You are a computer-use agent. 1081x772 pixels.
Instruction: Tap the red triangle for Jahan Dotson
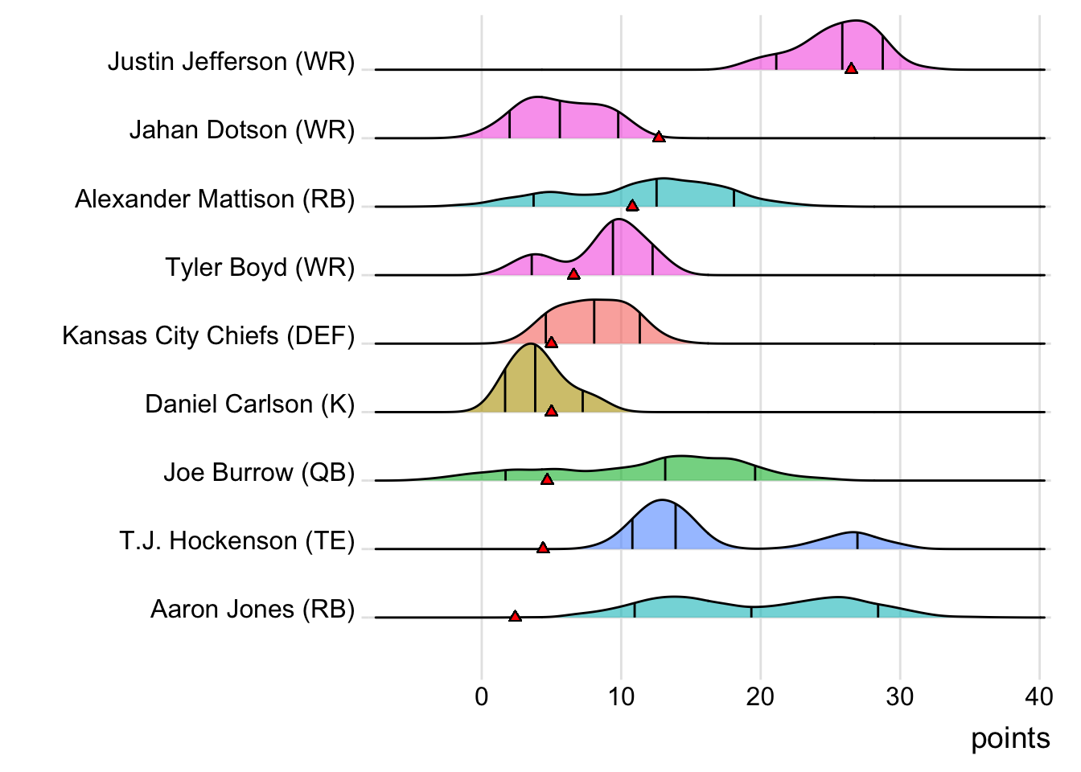pos(659,138)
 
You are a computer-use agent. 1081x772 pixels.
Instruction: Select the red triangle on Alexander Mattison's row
pos(632,206)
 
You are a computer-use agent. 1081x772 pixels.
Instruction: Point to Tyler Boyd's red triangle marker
pos(573,274)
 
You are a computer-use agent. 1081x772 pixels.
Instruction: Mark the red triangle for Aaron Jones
pos(515,617)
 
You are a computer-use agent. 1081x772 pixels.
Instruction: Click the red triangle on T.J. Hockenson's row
pos(543,548)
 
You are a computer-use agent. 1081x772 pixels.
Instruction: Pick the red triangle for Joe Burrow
pos(547,479)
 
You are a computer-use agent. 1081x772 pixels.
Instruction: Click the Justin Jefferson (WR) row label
pos(231,62)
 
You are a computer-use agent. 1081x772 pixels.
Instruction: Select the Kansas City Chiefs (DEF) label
pos(208,335)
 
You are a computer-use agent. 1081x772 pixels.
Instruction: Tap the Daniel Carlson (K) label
pos(249,404)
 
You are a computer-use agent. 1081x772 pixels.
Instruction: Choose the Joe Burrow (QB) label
pos(259,472)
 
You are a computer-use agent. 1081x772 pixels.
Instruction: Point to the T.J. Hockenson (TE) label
pos(236,540)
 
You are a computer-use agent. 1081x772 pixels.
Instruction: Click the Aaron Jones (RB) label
pos(253,610)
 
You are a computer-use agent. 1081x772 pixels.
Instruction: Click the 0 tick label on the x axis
pos(481,696)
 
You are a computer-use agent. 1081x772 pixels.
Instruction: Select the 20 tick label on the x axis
pos(760,696)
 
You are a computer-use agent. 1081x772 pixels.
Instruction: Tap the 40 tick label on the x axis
pos(1039,696)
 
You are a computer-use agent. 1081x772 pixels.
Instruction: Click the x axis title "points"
pos(1010,738)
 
